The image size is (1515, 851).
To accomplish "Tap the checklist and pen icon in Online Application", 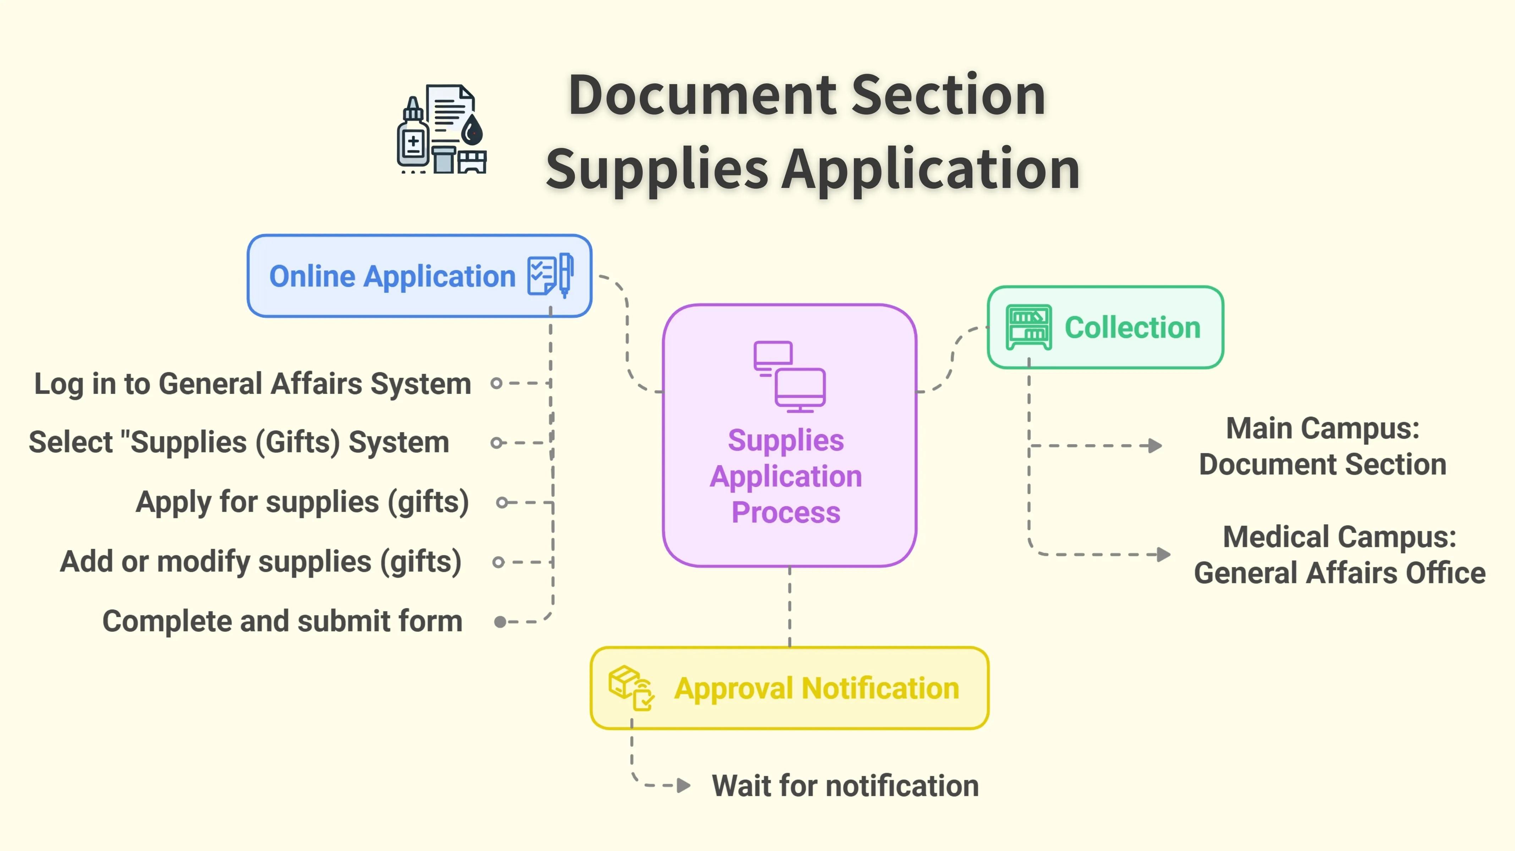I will click(x=550, y=275).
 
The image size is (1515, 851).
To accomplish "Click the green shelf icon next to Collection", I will click(x=1028, y=327).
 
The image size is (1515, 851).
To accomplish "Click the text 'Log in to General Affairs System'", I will click(x=253, y=384).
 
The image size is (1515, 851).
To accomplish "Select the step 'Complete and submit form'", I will click(x=282, y=621).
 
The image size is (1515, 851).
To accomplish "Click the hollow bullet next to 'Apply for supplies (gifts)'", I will click(x=502, y=502).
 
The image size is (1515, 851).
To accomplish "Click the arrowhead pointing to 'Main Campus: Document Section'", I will click(x=1155, y=445).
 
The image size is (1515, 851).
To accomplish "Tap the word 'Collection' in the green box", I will click(x=1132, y=327).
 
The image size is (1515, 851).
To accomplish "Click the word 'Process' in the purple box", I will click(x=786, y=512).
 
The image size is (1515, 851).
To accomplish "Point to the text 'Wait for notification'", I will click(x=845, y=786).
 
